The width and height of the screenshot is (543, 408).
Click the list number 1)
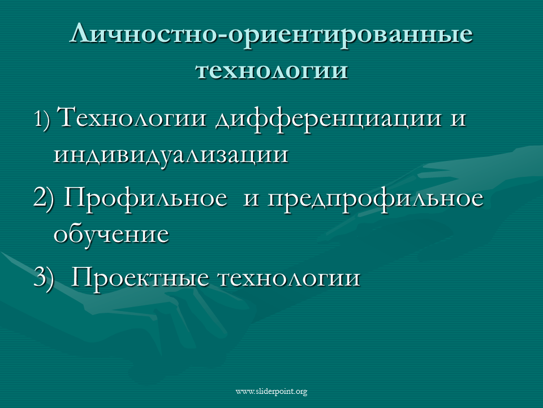(x=42, y=120)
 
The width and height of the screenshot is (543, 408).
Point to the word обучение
(x=111, y=233)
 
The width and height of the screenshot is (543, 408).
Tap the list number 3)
(x=44, y=279)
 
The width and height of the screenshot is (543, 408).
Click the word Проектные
(x=140, y=278)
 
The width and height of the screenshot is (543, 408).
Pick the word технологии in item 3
(x=289, y=279)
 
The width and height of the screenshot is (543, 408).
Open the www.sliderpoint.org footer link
(x=271, y=392)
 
